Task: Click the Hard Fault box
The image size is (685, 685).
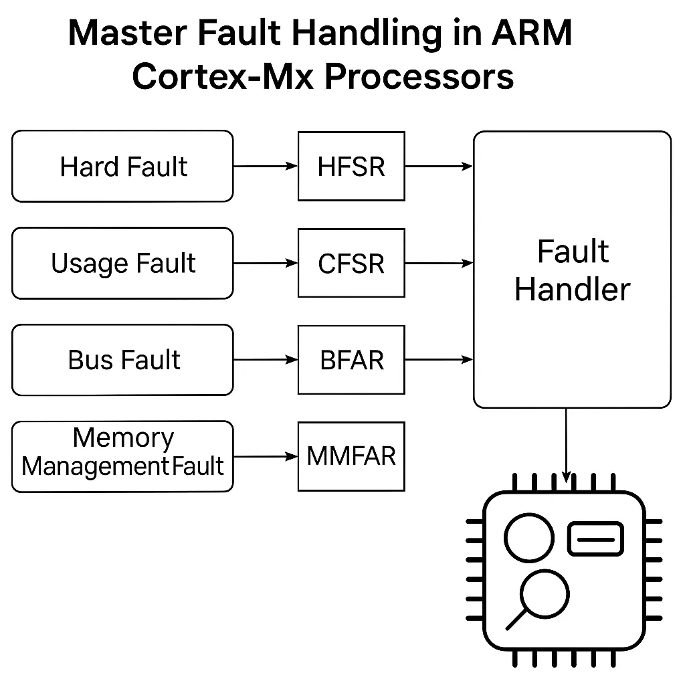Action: click(x=123, y=167)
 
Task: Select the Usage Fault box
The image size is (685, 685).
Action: click(x=123, y=263)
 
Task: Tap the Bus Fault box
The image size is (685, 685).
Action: click(x=123, y=360)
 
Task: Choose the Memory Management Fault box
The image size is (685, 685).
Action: click(x=123, y=456)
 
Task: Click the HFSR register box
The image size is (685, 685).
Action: click(x=351, y=167)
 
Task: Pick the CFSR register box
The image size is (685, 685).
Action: click(x=351, y=263)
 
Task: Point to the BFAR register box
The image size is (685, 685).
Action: click(x=351, y=360)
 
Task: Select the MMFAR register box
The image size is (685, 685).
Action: click(x=351, y=456)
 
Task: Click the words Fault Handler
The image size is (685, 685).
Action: click(x=573, y=271)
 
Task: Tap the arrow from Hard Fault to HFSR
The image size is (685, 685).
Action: click(x=266, y=167)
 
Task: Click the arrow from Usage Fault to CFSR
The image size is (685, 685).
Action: click(x=266, y=264)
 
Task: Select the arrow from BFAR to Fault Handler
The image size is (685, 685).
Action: click(x=439, y=360)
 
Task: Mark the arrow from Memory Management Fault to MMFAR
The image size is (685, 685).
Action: click(x=266, y=457)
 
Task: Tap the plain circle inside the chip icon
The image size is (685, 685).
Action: click(x=528, y=539)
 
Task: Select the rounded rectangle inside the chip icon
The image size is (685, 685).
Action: click(x=595, y=539)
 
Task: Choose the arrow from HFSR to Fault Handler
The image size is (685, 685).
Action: click(x=439, y=167)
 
